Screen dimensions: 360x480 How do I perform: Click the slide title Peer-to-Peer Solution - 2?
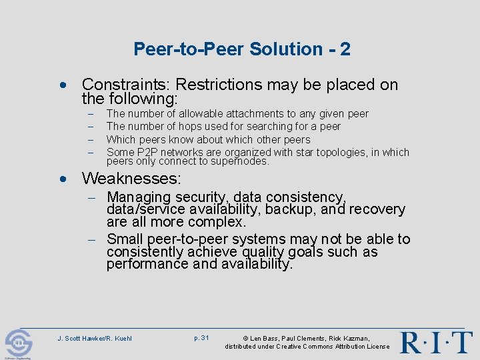(241, 49)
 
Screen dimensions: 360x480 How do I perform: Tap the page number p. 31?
(201, 338)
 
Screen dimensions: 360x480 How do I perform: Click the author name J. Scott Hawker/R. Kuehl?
(95, 339)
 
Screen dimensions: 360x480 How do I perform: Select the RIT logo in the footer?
(436, 341)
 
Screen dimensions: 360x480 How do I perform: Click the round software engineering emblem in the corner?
(19, 343)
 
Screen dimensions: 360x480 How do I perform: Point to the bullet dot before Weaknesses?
(63, 179)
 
